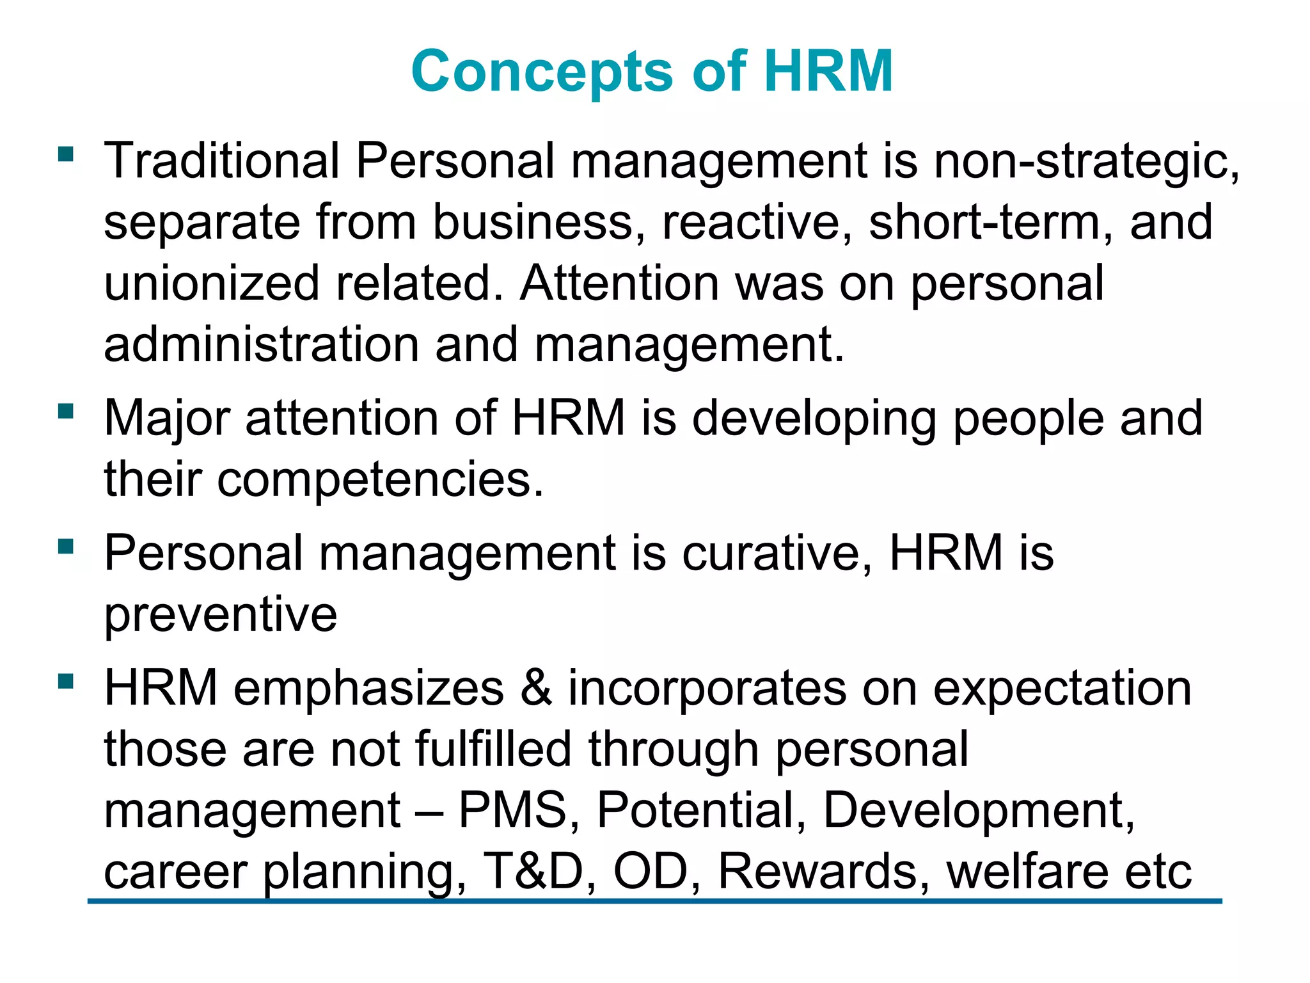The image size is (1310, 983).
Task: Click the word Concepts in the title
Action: point(542,72)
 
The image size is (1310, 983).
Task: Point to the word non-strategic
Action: point(1085,161)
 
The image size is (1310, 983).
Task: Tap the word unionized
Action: point(211,283)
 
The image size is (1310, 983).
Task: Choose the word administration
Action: point(261,344)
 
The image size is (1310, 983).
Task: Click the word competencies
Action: point(381,480)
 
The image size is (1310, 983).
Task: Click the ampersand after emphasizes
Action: point(536,688)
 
